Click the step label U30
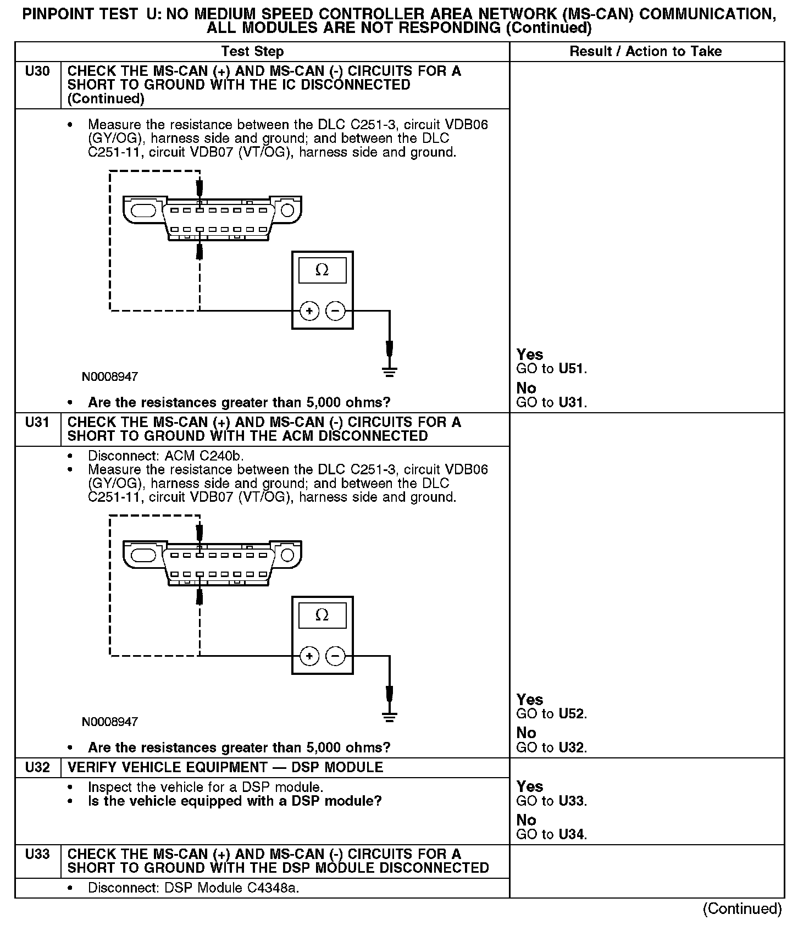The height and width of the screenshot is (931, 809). tap(37, 71)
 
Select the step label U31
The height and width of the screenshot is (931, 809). tap(37, 423)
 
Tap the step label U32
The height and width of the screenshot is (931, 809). tap(37, 767)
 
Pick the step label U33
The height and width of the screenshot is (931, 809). tap(37, 854)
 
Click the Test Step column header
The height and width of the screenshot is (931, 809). tap(252, 52)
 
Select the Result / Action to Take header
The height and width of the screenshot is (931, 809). tap(645, 52)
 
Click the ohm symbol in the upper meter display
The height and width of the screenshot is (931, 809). tap(322, 270)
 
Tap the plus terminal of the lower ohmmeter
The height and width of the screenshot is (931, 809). tap(309, 656)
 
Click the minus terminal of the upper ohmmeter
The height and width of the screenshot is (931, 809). tap(335, 312)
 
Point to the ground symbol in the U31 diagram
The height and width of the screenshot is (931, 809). tap(389, 717)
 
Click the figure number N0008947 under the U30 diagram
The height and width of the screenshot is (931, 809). tap(110, 377)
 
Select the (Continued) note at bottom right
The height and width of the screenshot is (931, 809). tap(742, 909)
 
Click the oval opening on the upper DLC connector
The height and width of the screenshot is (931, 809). tap(143, 210)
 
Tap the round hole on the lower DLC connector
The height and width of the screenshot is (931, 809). tap(287, 555)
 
